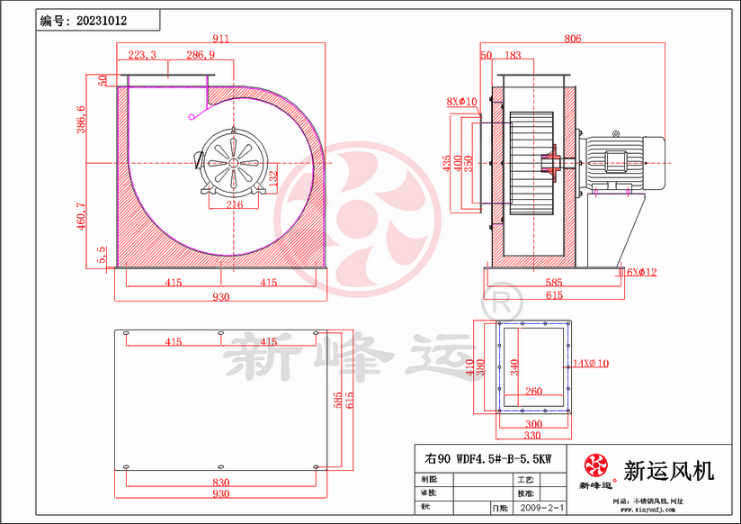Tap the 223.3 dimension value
[142, 56]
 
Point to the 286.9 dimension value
[201, 56]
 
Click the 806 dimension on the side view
[573, 39]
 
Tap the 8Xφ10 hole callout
[461, 102]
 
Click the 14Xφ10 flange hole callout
[591, 364]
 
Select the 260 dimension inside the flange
[532, 392]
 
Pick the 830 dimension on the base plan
[220, 483]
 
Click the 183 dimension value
[513, 56]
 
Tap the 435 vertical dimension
[447, 162]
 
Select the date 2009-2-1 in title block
[542, 509]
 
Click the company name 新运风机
[668, 470]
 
